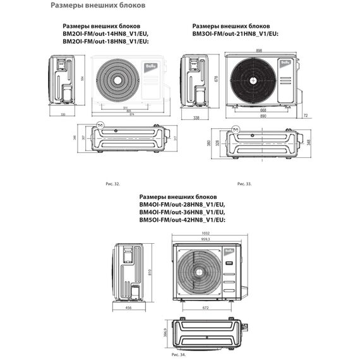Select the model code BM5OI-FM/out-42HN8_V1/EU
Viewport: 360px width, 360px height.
tap(182, 218)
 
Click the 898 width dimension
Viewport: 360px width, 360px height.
tap(260, 50)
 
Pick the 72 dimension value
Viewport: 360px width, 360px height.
tap(305, 116)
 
